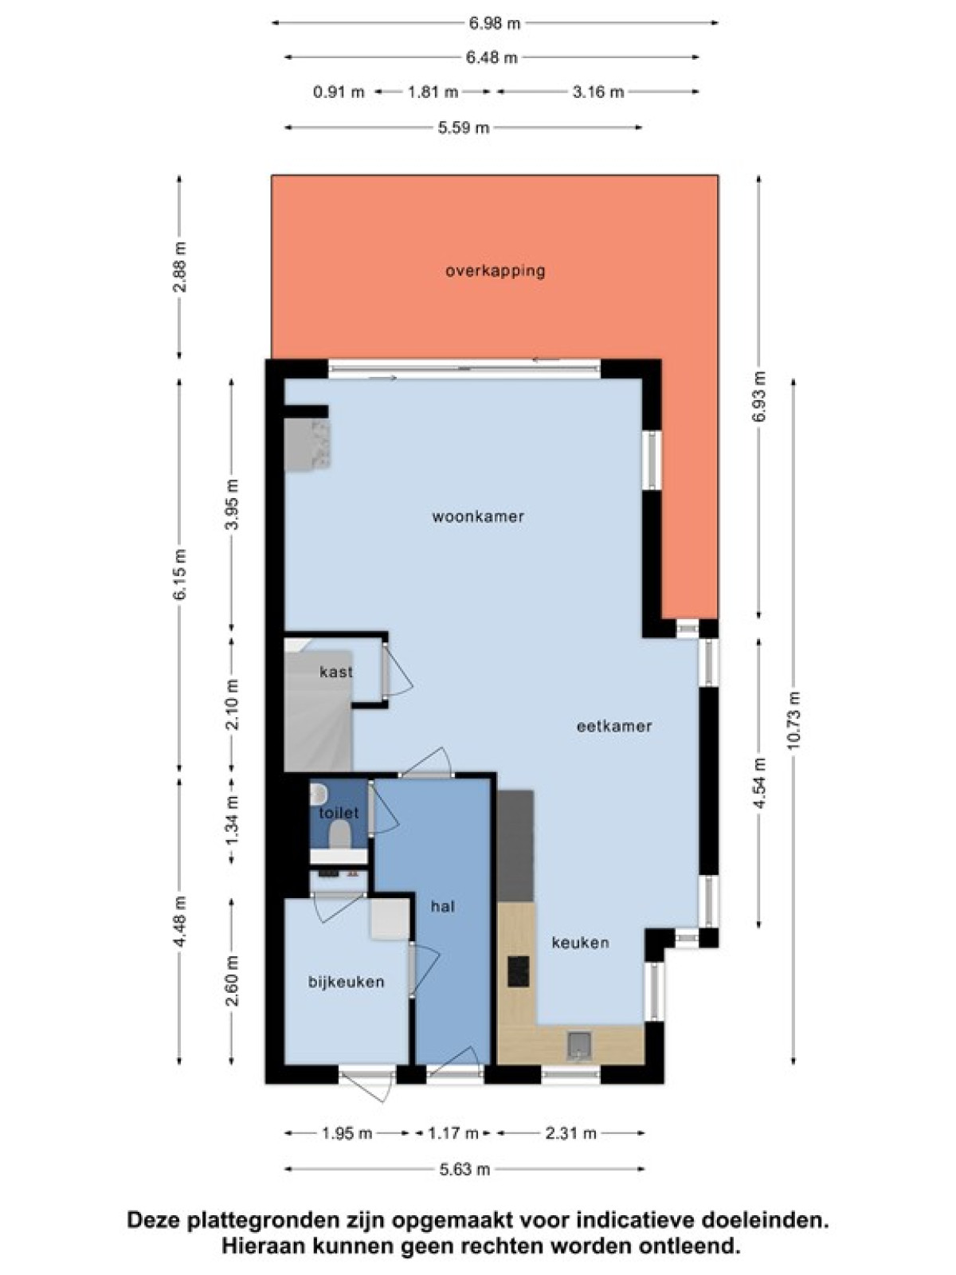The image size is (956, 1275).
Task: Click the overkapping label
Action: tap(495, 271)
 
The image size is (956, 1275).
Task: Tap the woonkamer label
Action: tap(478, 516)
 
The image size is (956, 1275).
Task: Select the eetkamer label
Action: tap(614, 725)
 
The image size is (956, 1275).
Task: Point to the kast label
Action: tap(336, 672)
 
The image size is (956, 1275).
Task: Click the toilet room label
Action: tap(339, 813)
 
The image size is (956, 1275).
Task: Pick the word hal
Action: tap(442, 906)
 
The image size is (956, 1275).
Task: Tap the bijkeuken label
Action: tap(346, 982)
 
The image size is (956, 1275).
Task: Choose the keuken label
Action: tap(580, 942)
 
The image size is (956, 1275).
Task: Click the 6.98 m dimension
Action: tap(495, 23)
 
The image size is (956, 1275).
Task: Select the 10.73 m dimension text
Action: tap(793, 720)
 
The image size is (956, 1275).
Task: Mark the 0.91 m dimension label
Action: tap(339, 92)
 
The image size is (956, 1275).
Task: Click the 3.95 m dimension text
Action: tap(232, 504)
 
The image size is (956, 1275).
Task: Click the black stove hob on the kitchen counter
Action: tap(519, 971)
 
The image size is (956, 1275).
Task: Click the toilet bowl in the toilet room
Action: tap(339, 835)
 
